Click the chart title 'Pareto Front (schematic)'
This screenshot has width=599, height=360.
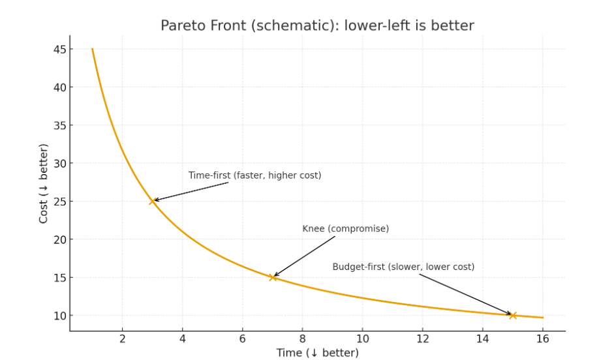coord(317,25)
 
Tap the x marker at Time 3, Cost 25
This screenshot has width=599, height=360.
coord(153,201)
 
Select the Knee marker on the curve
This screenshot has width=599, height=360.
coord(273,277)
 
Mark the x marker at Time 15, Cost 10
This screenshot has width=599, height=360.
coord(513,316)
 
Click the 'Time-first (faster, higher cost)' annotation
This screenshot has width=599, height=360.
coord(254,175)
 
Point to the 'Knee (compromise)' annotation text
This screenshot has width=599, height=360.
coord(345,229)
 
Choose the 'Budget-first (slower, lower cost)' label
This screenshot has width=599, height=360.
coord(403,267)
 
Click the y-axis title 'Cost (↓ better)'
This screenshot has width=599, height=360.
coord(44,183)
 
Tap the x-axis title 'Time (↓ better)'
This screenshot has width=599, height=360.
coord(317,353)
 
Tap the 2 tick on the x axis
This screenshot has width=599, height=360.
coord(122,338)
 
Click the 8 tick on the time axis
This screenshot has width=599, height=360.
coord(302,338)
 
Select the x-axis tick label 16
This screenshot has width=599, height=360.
coord(542,338)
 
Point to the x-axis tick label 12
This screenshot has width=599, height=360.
coord(422,338)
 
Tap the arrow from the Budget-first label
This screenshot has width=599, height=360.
coord(465,295)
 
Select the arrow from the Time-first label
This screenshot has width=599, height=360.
coord(192,192)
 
